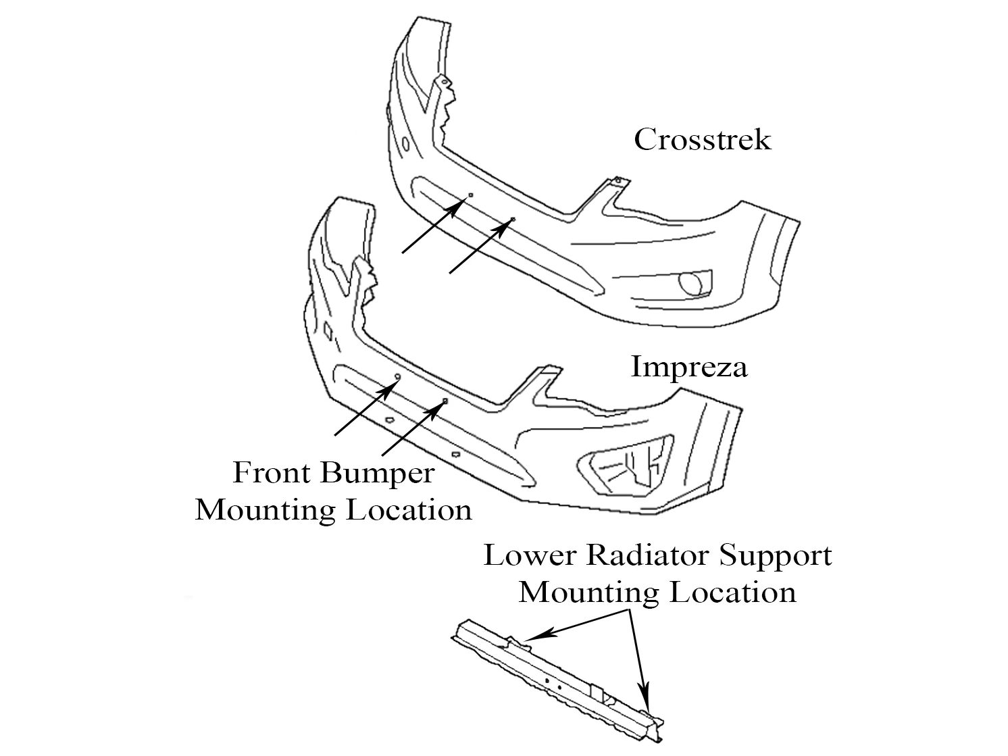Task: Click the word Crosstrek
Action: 702,140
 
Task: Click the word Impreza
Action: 688,367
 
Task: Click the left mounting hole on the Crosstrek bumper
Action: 470,195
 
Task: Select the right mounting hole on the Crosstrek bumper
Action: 512,220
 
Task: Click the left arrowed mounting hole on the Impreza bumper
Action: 397,377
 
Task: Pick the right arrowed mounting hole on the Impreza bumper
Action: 445,401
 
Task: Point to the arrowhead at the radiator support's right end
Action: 645,700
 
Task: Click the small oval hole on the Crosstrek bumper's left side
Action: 405,144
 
